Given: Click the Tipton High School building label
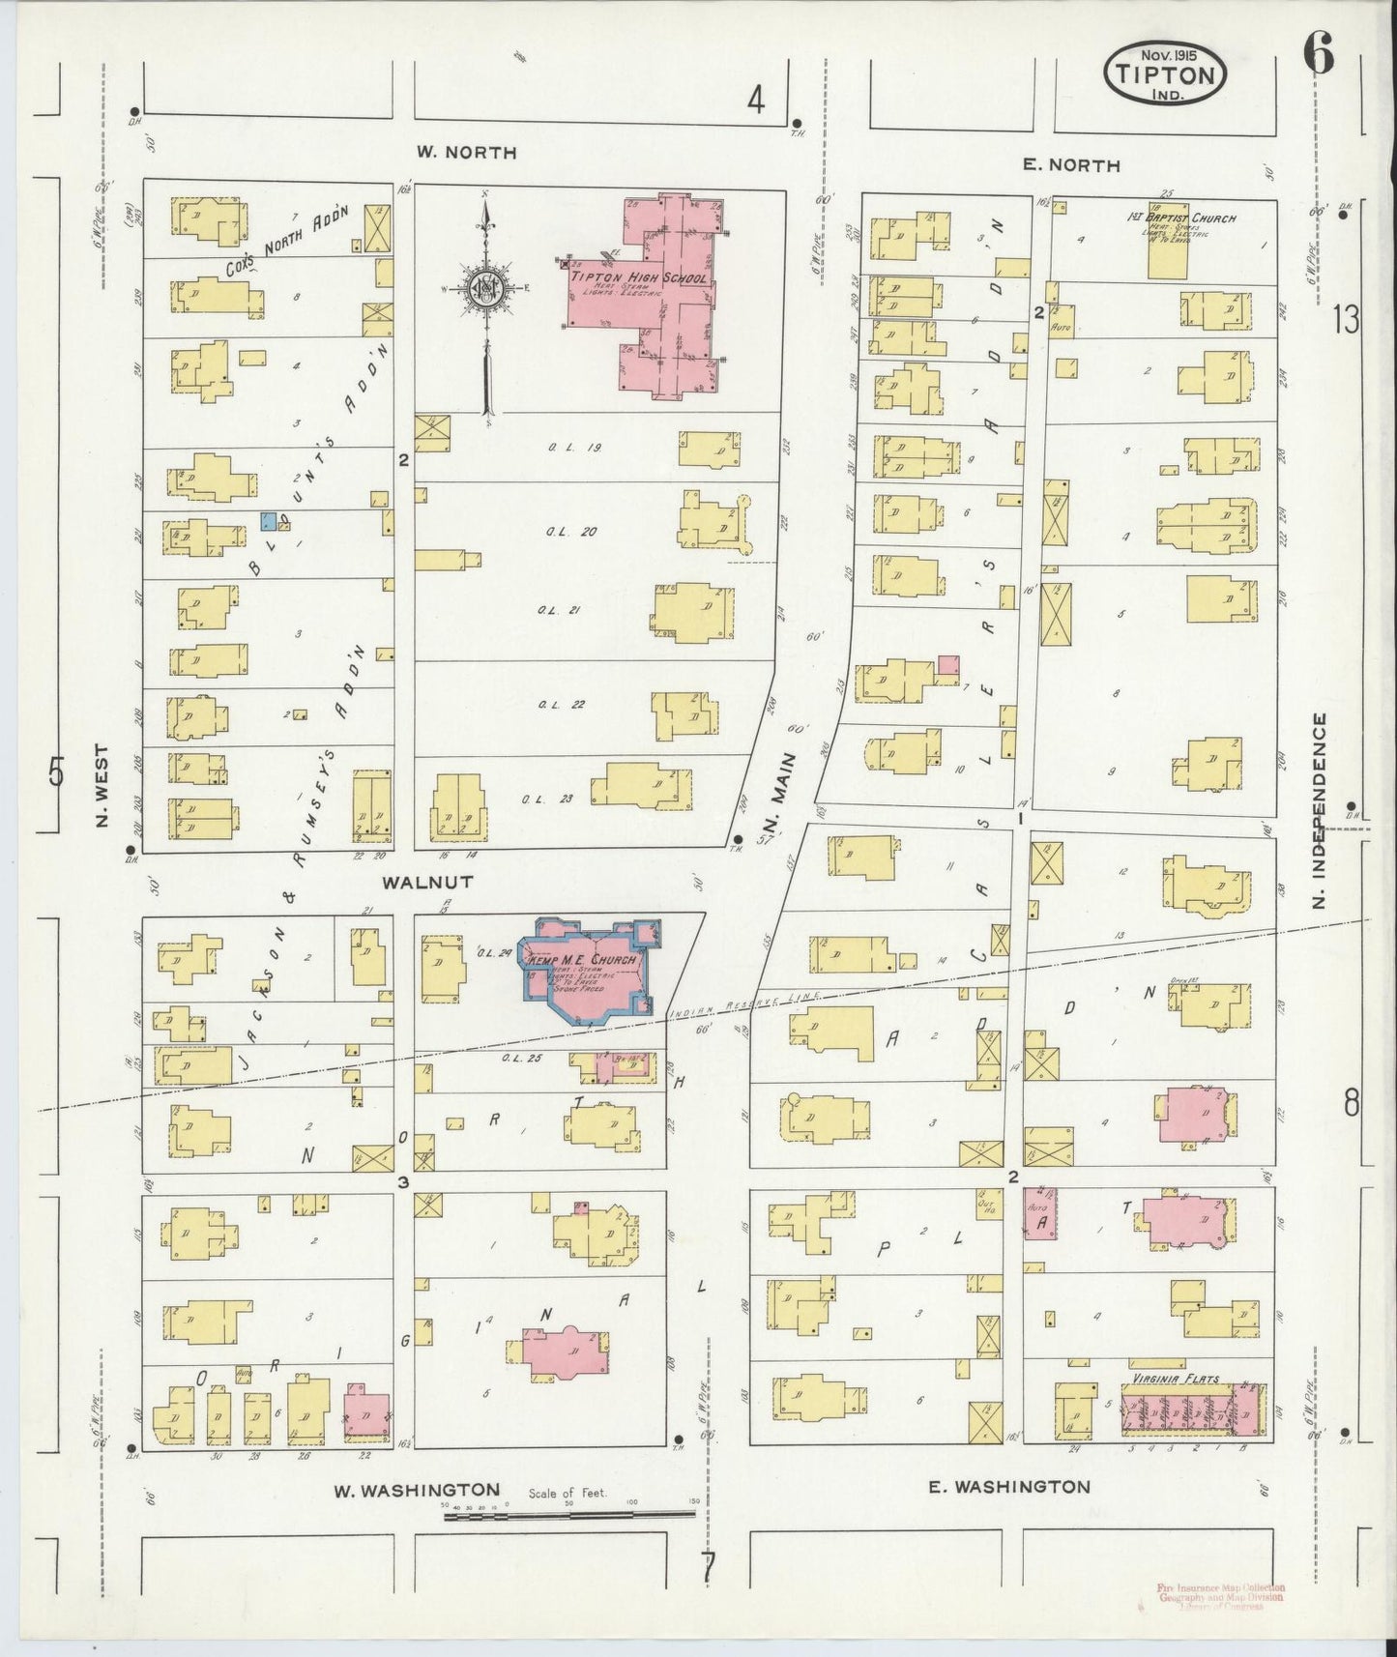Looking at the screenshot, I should coord(641,277).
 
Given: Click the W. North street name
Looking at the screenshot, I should coord(466,152).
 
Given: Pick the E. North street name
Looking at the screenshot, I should coord(1071,165).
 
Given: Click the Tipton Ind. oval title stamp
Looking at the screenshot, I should coord(1165,73).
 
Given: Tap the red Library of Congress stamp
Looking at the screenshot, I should coord(1220,1596).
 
